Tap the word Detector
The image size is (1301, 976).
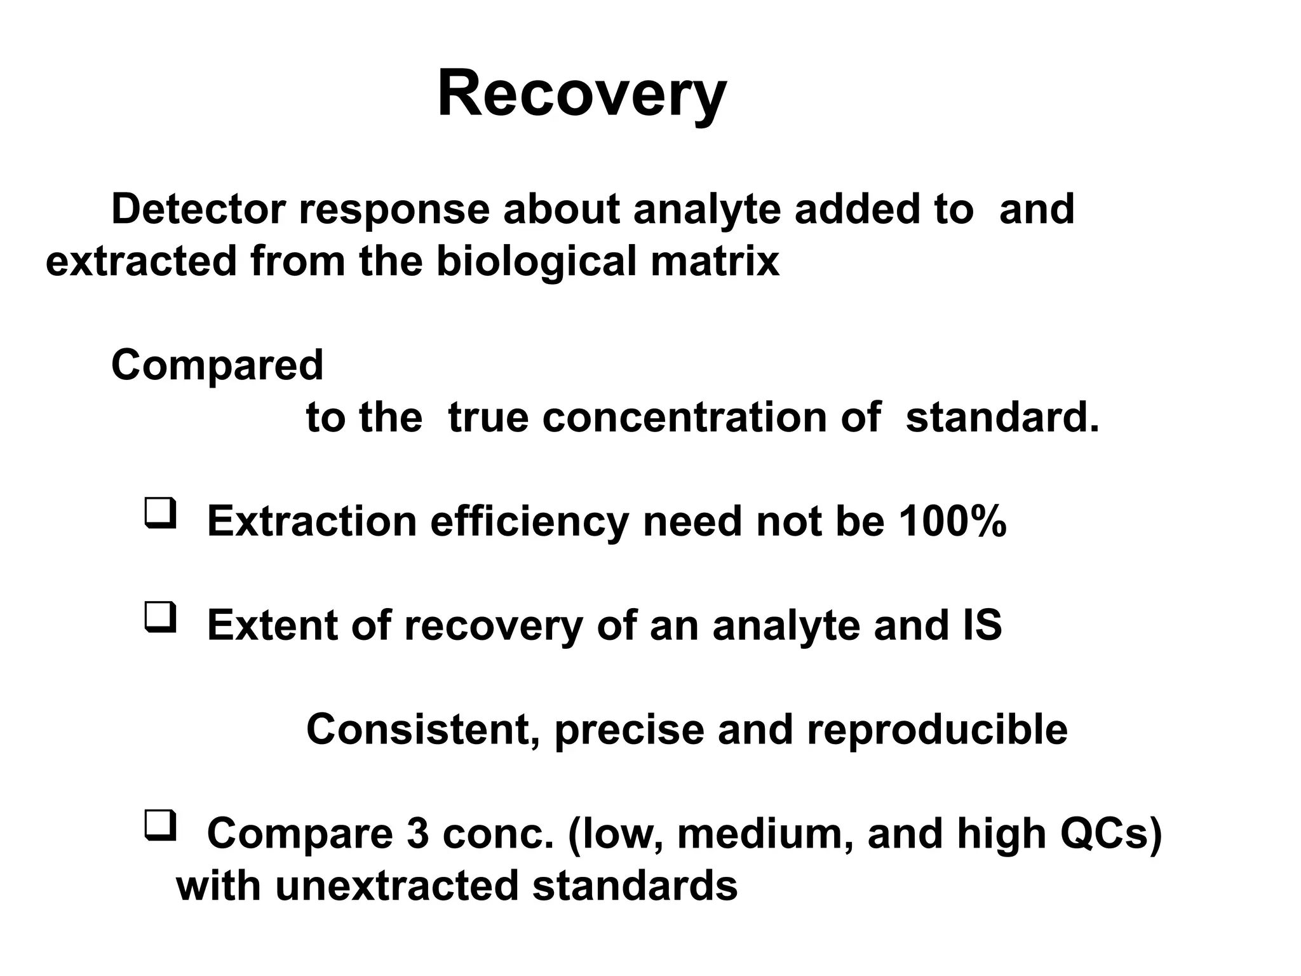click(198, 209)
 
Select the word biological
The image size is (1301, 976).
click(536, 262)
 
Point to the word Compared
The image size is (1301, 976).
click(217, 365)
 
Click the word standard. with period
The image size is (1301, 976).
click(1002, 417)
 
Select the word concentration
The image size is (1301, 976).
click(684, 417)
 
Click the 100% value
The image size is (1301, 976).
click(952, 522)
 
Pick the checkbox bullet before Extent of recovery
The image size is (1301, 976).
click(160, 617)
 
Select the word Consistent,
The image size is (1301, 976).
click(424, 729)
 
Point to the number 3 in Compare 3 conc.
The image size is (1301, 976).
click(418, 834)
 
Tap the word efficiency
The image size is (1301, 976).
click(529, 522)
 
